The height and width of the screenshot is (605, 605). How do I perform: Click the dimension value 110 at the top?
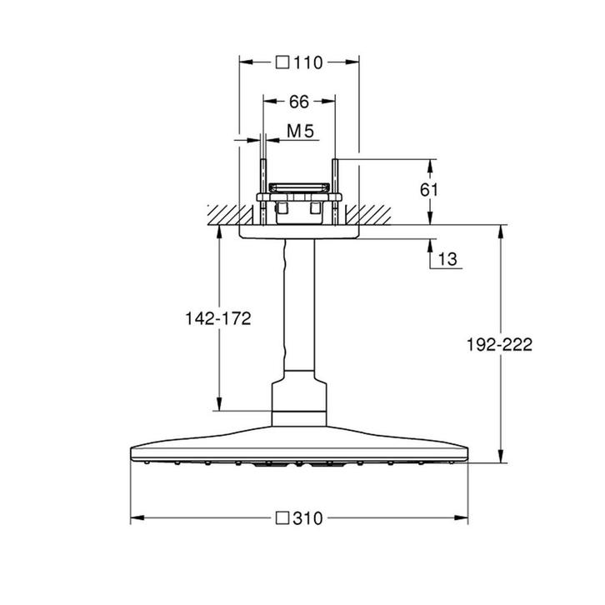tap(307, 61)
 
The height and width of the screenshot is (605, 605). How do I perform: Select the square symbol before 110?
tap(282, 61)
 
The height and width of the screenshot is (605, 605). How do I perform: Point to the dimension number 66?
tap(299, 102)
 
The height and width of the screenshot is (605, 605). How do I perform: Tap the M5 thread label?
tap(299, 131)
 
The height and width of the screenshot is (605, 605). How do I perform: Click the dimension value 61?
tap(428, 189)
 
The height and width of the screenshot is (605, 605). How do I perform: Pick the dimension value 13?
tap(447, 260)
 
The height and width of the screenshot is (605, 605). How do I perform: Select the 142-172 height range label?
tap(218, 318)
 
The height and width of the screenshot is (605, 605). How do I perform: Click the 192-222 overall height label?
tap(499, 343)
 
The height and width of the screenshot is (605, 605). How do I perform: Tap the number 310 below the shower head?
tap(308, 518)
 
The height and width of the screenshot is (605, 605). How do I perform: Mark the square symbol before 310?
tap(282, 518)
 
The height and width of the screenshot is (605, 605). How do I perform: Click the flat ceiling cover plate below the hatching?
tap(299, 233)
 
